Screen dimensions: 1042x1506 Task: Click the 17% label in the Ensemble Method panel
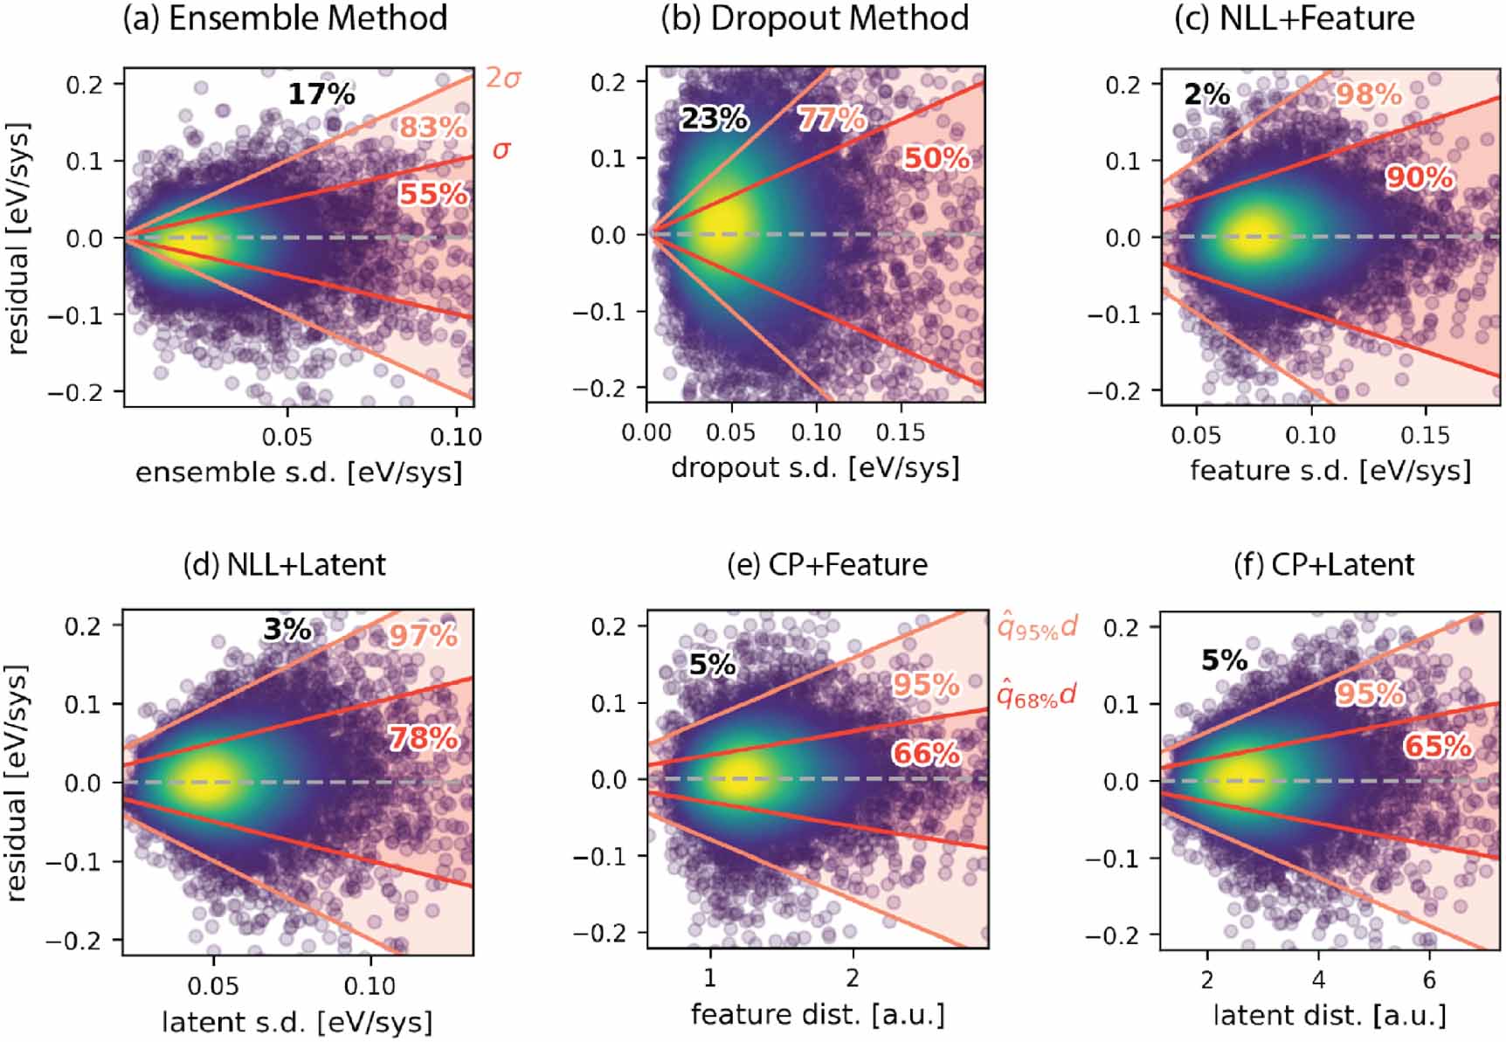[321, 93]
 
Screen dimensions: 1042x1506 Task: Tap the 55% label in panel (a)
[433, 194]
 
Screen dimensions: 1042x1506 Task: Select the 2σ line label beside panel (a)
[504, 78]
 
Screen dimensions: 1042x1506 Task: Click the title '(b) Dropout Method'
[814, 18]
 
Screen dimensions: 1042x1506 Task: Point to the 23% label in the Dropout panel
[714, 118]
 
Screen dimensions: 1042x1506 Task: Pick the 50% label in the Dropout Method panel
[936, 158]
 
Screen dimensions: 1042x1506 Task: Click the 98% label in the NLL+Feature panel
[1368, 94]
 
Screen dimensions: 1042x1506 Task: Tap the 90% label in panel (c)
[1420, 178]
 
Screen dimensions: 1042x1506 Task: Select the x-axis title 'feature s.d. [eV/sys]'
[1330, 471]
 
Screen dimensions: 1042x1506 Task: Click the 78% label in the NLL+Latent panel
[424, 739]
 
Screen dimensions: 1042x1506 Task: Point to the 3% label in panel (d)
[287, 629]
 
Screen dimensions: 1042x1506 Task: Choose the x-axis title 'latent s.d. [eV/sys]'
[297, 1021]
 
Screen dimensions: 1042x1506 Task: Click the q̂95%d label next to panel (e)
[1037, 626]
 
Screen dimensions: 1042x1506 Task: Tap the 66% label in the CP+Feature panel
[926, 753]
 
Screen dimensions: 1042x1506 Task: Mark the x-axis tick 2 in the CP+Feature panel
[852, 976]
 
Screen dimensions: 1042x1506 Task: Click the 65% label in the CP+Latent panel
[1438, 747]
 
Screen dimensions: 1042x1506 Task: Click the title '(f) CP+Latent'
[1323, 565]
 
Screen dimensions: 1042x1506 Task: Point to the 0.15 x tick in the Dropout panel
[901, 432]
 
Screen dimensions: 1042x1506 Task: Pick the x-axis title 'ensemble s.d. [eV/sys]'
[299, 473]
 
